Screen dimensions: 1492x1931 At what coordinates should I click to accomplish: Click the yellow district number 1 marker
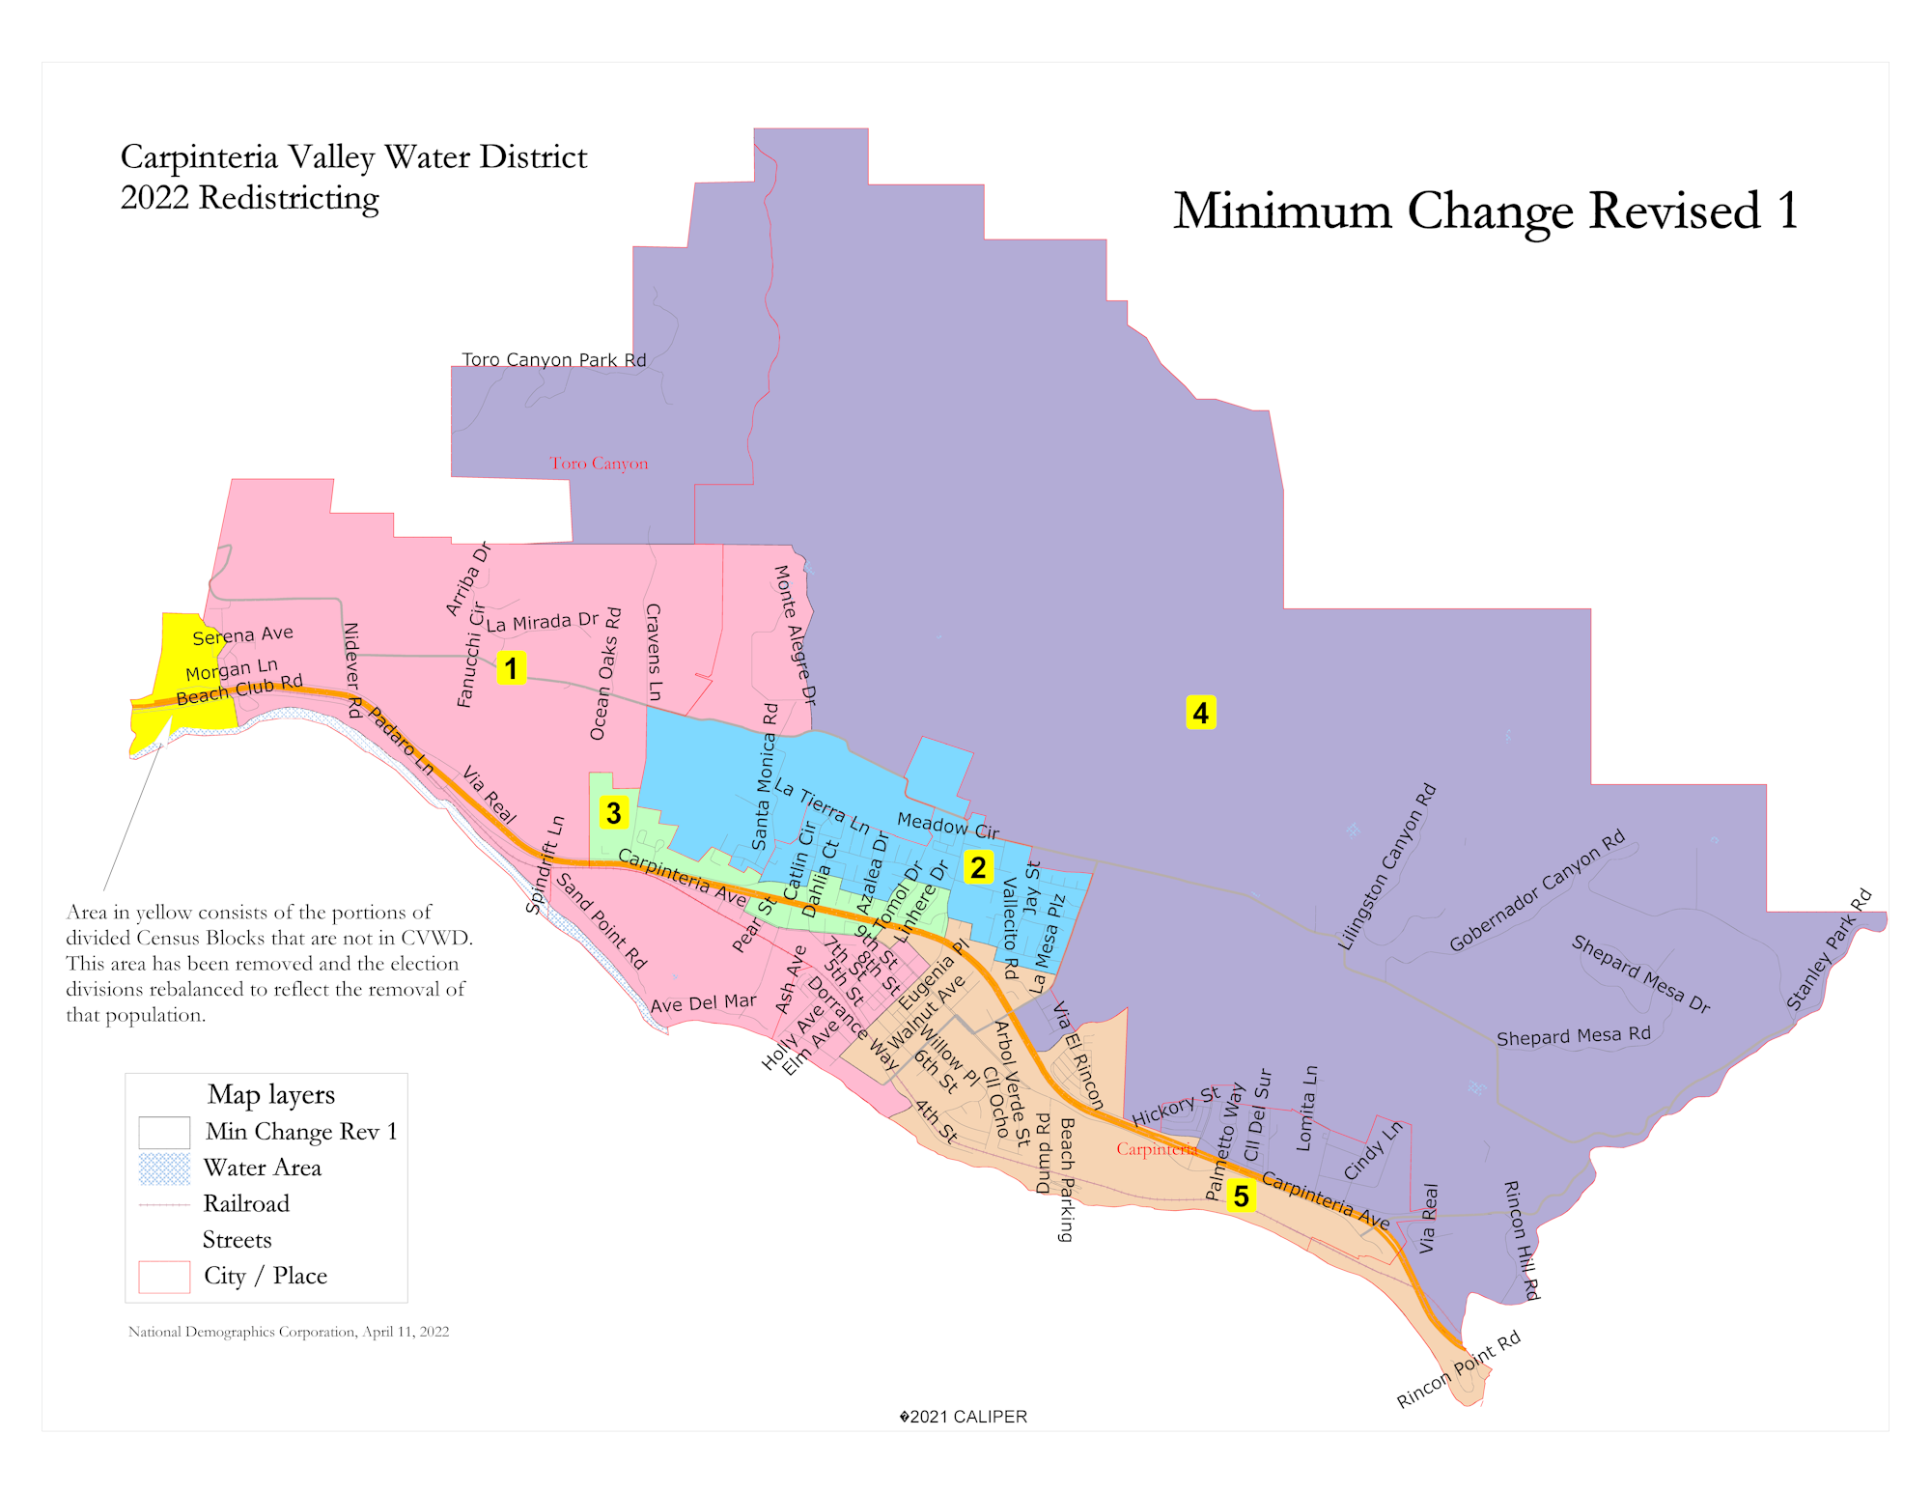(511, 667)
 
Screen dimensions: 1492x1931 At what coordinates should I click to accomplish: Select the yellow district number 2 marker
(978, 866)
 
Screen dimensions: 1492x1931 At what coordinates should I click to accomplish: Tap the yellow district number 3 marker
(613, 812)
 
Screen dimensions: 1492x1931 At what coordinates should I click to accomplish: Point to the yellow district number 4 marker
(1200, 713)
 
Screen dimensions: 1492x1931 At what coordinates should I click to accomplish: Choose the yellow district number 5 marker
(1241, 1196)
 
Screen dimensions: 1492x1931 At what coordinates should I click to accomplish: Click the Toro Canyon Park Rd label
(553, 359)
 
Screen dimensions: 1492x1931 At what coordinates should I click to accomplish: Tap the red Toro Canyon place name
(599, 464)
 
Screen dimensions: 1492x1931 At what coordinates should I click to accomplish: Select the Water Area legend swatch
(164, 1168)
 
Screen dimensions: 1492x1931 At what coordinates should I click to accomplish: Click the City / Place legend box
(164, 1277)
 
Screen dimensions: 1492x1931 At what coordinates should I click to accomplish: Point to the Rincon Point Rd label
(1458, 1369)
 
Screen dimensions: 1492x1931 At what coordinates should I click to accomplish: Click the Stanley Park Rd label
(1829, 949)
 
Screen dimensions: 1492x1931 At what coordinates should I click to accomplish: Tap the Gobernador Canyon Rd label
(1537, 890)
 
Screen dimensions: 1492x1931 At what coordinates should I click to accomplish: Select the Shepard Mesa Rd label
(1573, 1036)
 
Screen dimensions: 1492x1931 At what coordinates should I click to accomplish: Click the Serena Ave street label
(242, 635)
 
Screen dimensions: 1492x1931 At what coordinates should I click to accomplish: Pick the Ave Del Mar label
(703, 1003)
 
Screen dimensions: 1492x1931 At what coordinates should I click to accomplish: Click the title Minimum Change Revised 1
(1485, 211)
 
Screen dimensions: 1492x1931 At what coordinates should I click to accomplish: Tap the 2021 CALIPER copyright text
(963, 1417)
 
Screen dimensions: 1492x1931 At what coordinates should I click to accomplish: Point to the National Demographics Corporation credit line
(288, 1332)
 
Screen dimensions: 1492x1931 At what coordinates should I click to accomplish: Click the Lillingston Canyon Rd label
(1387, 867)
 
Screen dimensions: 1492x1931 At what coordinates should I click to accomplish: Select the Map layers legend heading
(270, 1094)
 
